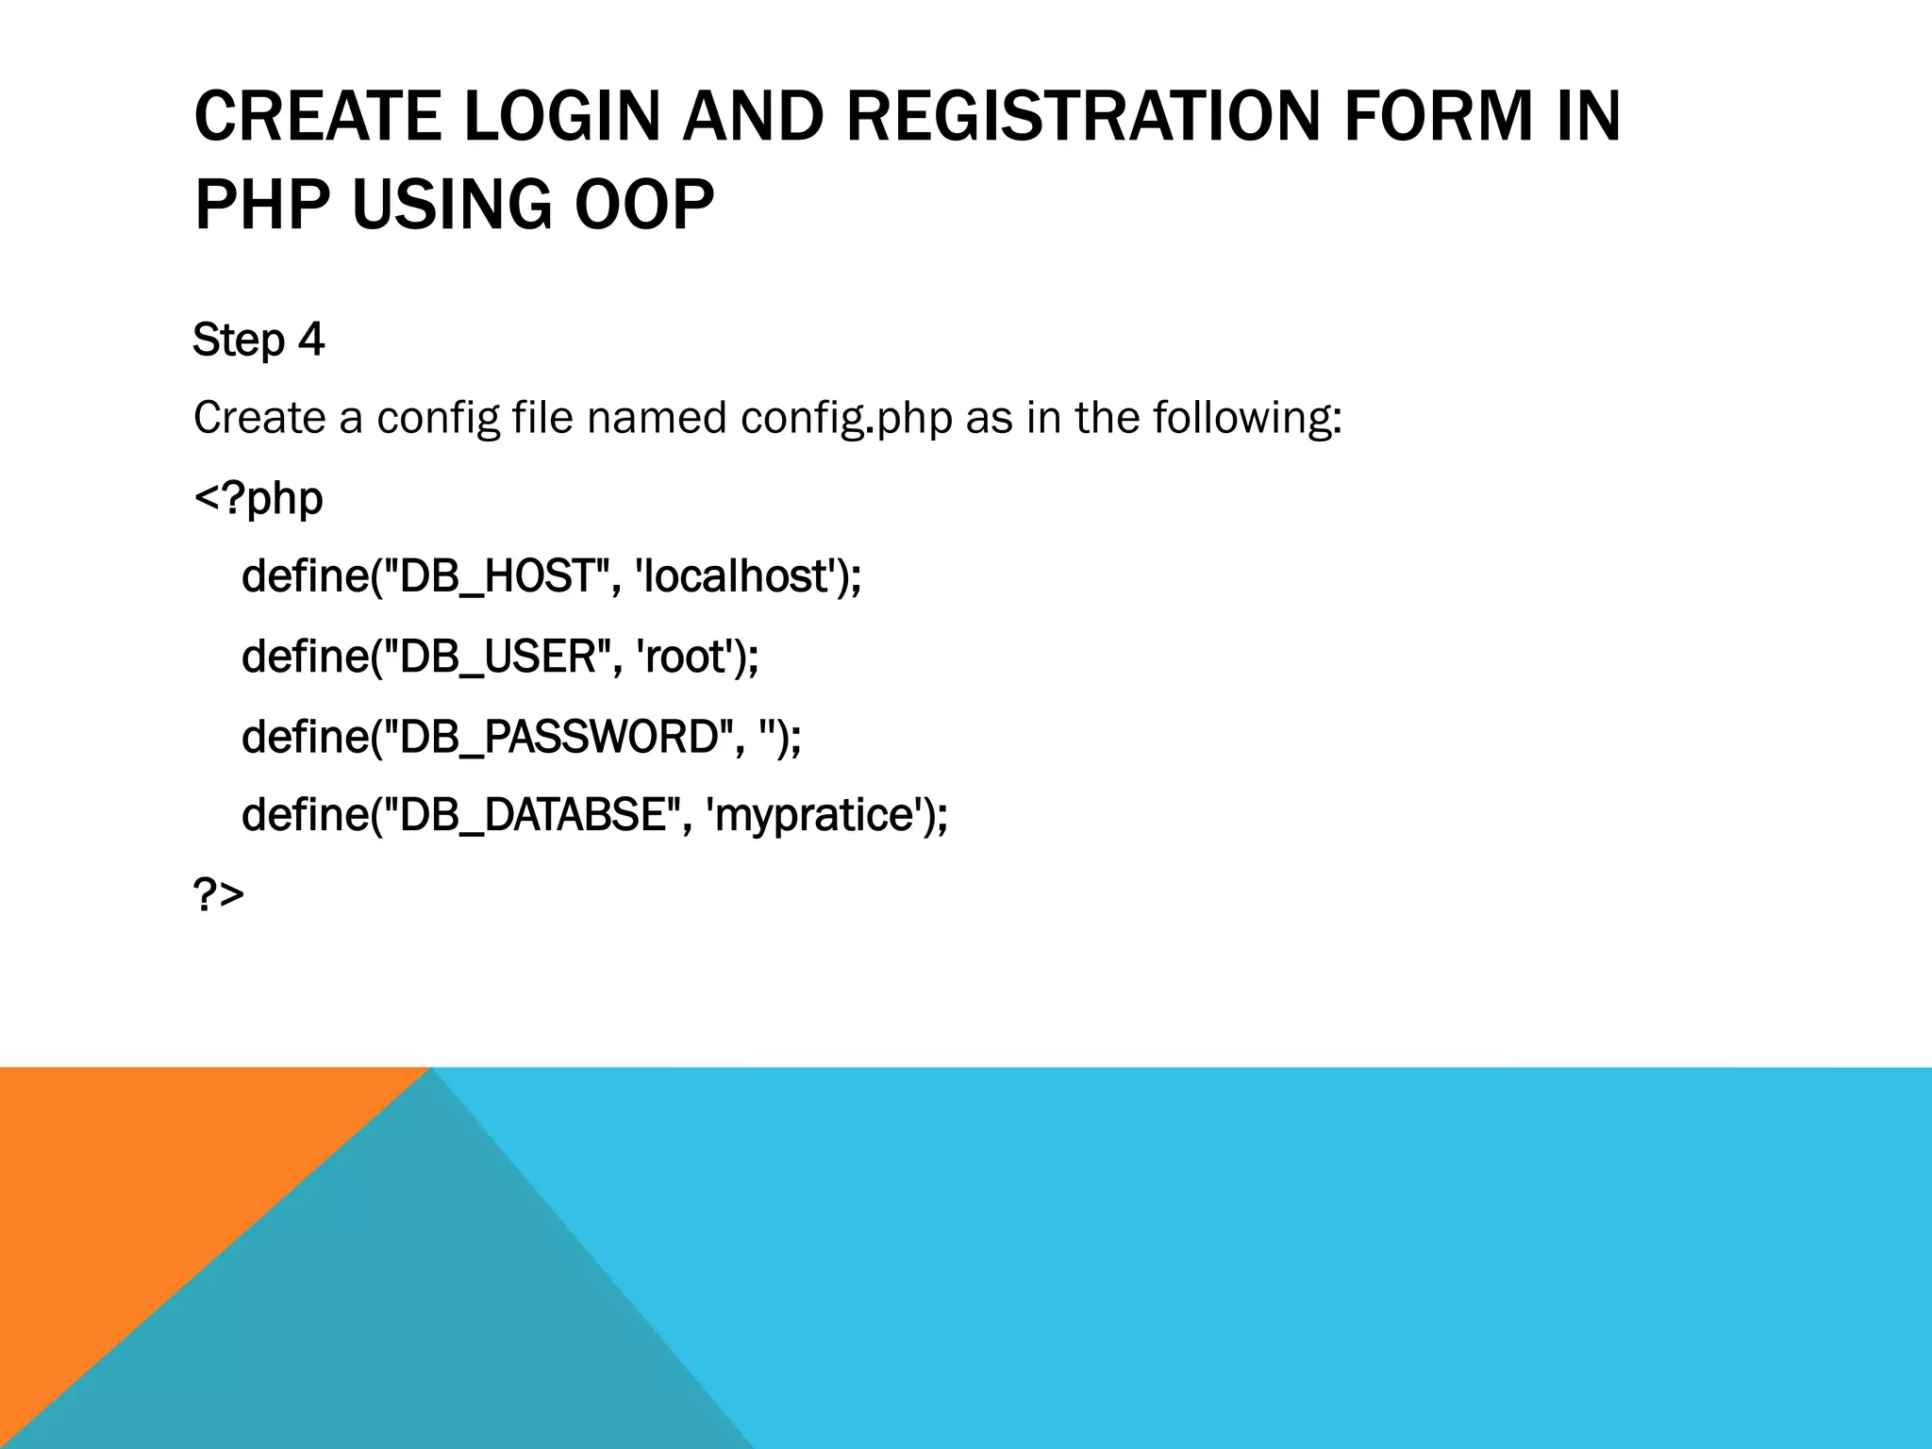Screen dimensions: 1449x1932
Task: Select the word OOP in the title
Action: (x=644, y=205)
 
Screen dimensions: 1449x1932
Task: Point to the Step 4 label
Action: (x=258, y=340)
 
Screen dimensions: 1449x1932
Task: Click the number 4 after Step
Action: (x=311, y=340)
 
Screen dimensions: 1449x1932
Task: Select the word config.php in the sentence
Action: (x=846, y=418)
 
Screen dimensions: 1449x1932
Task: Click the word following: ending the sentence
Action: (x=1247, y=418)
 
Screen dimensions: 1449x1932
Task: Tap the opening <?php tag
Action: (x=258, y=497)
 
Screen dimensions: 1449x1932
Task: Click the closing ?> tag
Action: (x=218, y=893)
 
